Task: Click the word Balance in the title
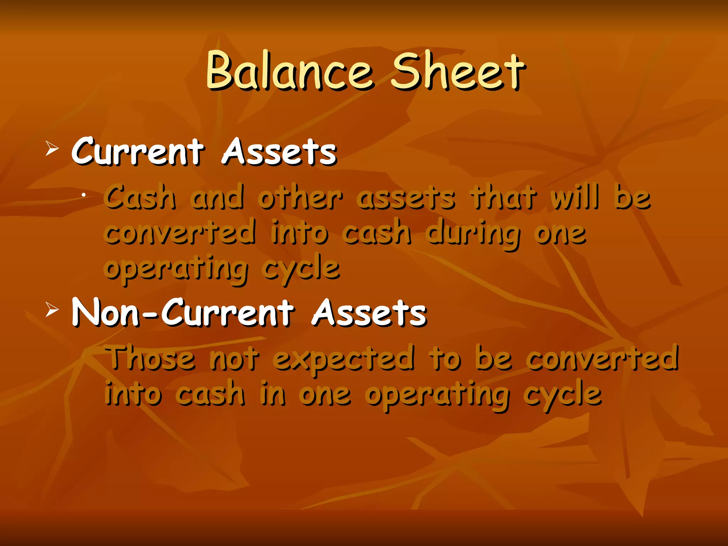tap(289, 70)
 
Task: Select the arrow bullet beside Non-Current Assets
tap(52, 310)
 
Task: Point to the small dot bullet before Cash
tap(83, 194)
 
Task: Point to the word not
tap(234, 358)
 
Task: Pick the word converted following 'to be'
tap(602, 358)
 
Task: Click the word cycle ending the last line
tap(562, 395)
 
